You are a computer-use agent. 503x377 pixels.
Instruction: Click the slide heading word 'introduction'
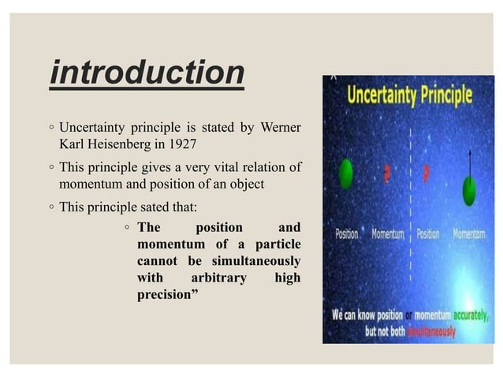coord(147,73)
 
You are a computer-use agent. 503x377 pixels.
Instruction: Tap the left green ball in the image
coord(345,174)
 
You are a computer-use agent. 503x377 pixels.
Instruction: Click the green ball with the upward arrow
coord(470,190)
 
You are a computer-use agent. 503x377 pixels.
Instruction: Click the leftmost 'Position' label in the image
coord(347,234)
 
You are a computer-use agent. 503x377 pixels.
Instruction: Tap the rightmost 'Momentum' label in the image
coord(470,234)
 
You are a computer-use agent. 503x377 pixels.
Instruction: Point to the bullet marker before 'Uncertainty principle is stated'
coord(50,127)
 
